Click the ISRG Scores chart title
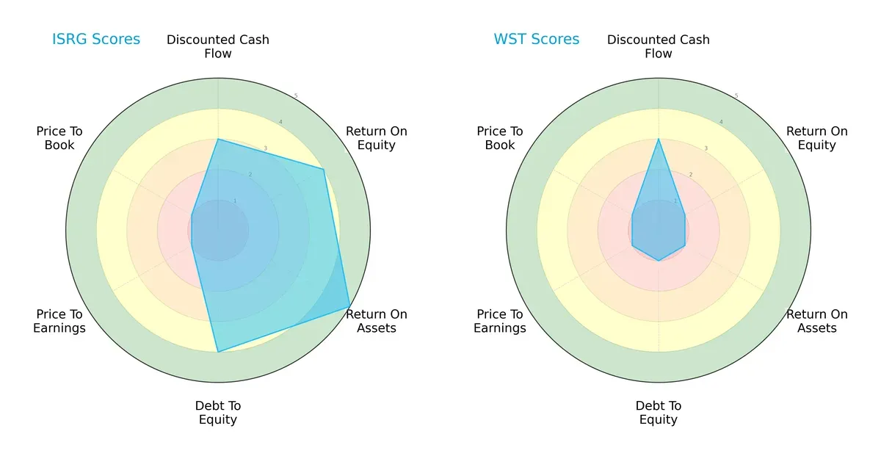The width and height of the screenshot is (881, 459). click(96, 40)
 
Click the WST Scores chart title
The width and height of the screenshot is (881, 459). click(536, 40)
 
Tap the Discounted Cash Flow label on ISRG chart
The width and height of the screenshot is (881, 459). click(218, 46)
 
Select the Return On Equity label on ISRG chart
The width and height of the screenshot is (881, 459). click(377, 138)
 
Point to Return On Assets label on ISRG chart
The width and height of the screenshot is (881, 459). click(377, 321)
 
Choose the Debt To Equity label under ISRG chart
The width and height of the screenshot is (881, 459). click(218, 413)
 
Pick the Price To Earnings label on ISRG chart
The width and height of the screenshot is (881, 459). click(59, 321)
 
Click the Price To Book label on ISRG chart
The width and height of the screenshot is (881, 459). click(59, 138)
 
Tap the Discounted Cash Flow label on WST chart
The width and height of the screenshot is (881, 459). click(659, 46)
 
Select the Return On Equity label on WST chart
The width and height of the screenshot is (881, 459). click(817, 138)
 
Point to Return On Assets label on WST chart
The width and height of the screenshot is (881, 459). click(817, 321)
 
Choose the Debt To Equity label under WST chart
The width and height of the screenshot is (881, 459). click(659, 413)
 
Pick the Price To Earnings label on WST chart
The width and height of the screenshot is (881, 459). click(500, 321)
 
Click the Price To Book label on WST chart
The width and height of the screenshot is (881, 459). click(500, 138)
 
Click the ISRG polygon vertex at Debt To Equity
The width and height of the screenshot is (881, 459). click(218, 352)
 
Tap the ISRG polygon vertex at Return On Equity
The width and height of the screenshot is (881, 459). click(323, 170)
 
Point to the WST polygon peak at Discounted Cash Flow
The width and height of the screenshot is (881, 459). click(659, 139)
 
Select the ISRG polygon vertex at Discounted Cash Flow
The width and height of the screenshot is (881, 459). click(218, 139)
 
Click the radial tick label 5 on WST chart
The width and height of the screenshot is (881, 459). click(736, 96)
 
